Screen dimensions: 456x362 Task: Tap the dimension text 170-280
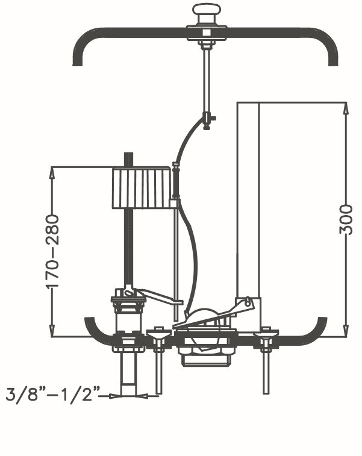pos(54,251)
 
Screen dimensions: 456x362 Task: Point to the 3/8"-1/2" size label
pos(52,396)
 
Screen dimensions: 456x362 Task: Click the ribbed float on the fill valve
pos(142,189)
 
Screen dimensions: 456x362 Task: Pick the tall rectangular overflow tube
pos(248,199)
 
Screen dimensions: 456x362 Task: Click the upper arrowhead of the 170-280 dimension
pos(53,172)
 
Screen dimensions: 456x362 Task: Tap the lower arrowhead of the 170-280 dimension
pos(53,331)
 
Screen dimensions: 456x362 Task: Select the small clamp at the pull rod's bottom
pos(207,119)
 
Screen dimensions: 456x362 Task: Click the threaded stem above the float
pos(128,160)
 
